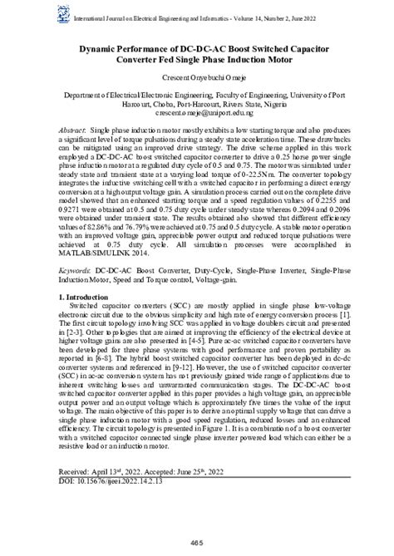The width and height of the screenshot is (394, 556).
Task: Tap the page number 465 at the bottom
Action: tap(196, 541)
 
